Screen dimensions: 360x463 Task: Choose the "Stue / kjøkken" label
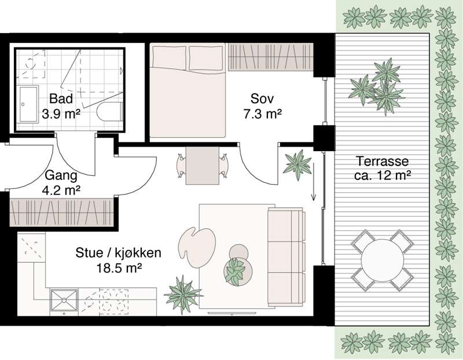click(118, 253)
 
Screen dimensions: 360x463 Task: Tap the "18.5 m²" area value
click(118, 267)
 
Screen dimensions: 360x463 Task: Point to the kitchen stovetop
click(118, 301)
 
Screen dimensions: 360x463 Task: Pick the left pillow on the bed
click(169, 57)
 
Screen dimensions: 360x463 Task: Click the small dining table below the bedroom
click(200, 164)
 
